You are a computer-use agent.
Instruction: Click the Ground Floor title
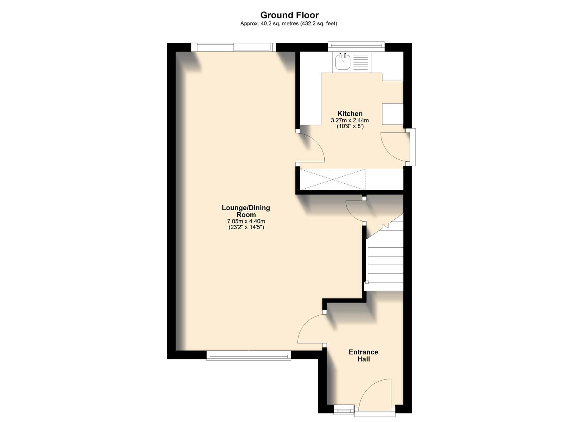[x=290, y=15]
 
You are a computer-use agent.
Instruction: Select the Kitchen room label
[x=350, y=114]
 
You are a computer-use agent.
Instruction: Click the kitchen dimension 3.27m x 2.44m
[x=350, y=120]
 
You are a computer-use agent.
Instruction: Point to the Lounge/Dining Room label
[x=246, y=211]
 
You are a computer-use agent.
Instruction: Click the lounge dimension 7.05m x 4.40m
[x=246, y=221]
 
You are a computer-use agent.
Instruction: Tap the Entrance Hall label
[x=363, y=355]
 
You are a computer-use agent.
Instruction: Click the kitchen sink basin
[x=343, y=62]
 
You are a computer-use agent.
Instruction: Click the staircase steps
[x=385, y=258]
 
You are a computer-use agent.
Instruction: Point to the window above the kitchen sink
[x=356, y=46]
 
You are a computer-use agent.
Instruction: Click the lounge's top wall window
[x=234, y=47]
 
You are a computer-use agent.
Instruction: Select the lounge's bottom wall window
[x=248, y=355]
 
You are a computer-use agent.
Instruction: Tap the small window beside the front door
[x=343, y=409]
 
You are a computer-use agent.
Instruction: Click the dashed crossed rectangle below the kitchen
[x=332, y=180]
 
